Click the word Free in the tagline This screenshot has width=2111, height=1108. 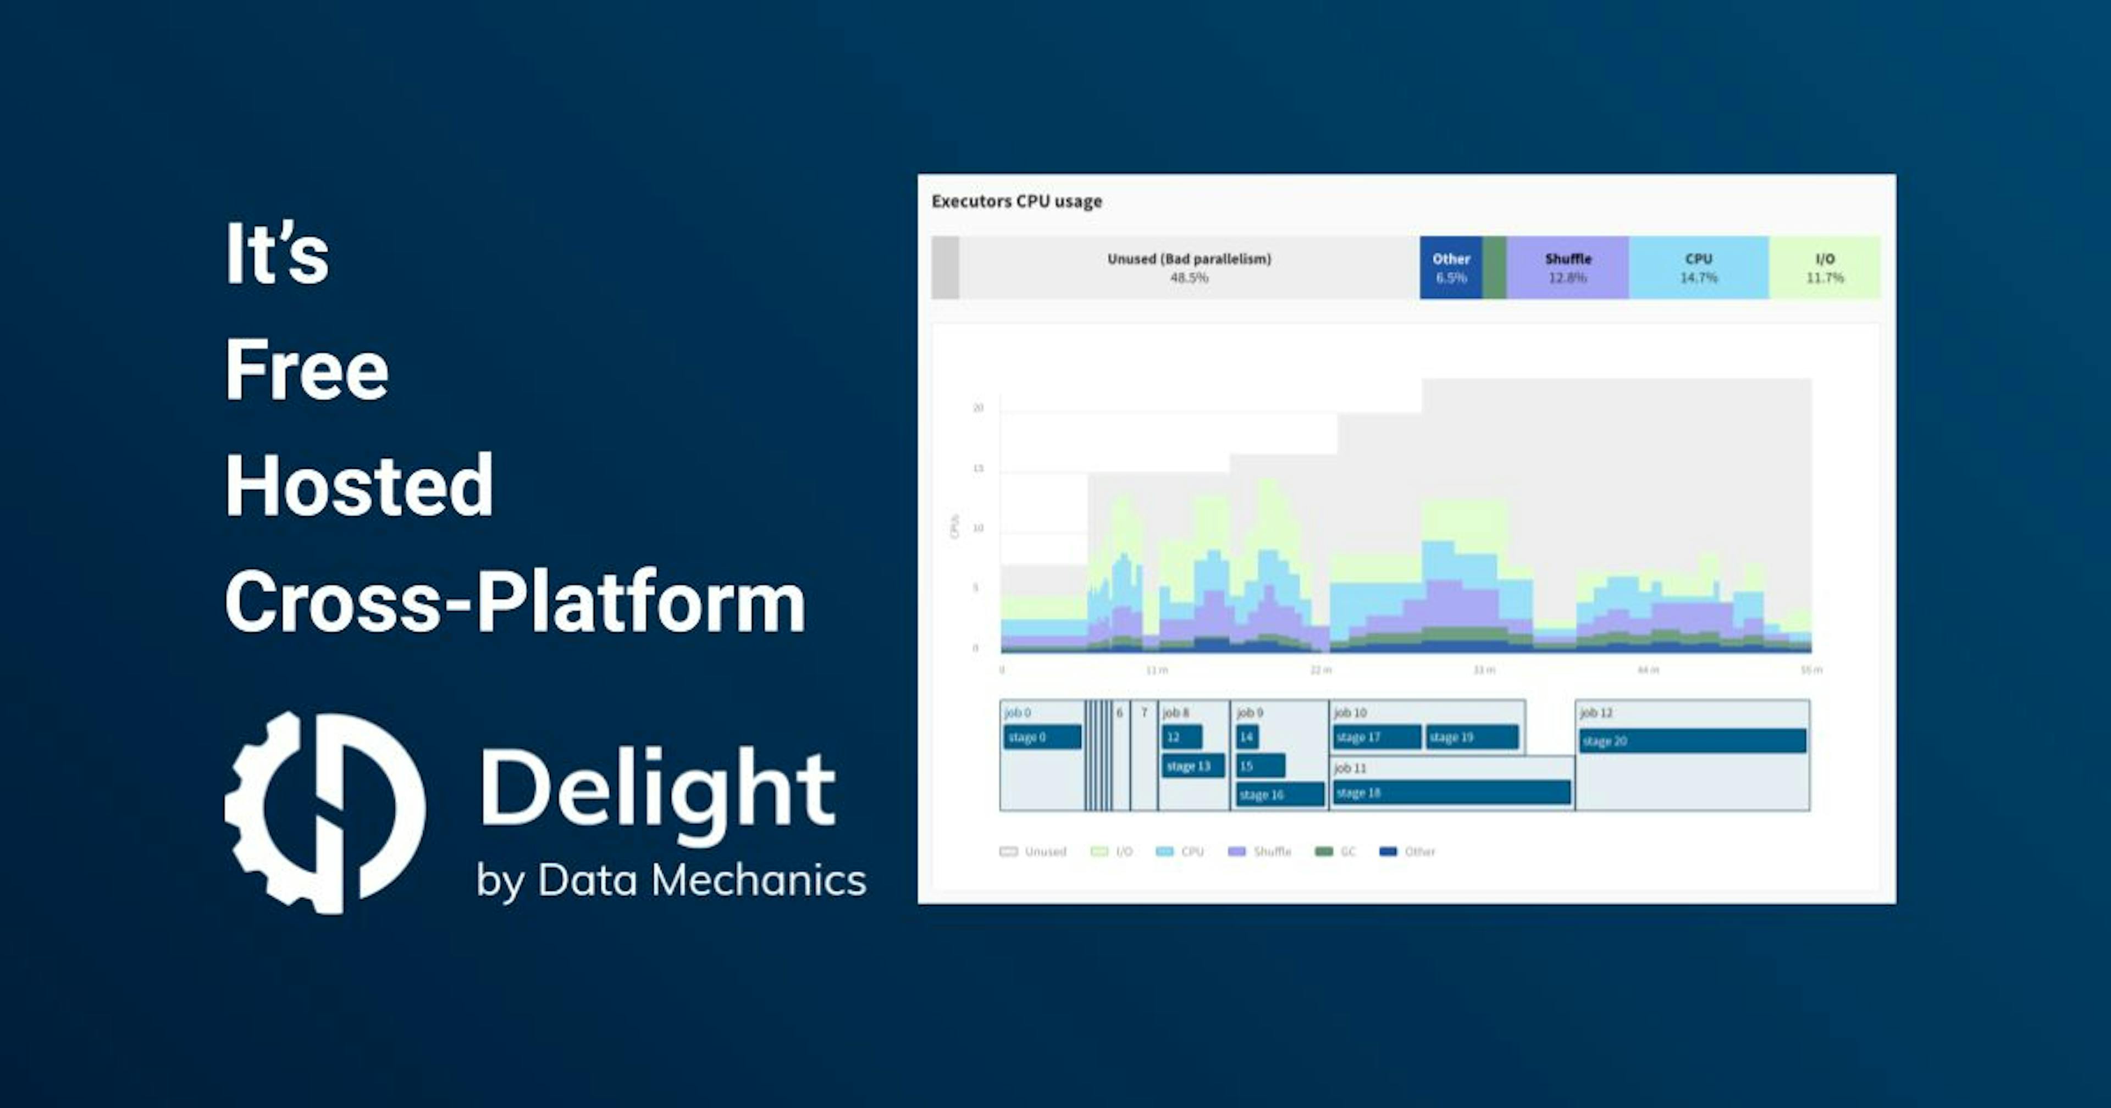click(x=307, y=370)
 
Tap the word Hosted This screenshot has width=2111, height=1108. click(x=359, y=486)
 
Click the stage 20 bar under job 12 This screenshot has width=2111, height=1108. click(x=1692, y=741)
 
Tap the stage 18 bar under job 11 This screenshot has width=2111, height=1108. click(x=1451, y=793)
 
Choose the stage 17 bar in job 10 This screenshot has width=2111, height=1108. click(x=1376, y=737)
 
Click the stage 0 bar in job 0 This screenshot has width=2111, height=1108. click(x=1042, y=737)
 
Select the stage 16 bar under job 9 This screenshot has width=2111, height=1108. click(x=1279, y=794)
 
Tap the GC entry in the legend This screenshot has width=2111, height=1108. click(x=1336, y=851)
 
